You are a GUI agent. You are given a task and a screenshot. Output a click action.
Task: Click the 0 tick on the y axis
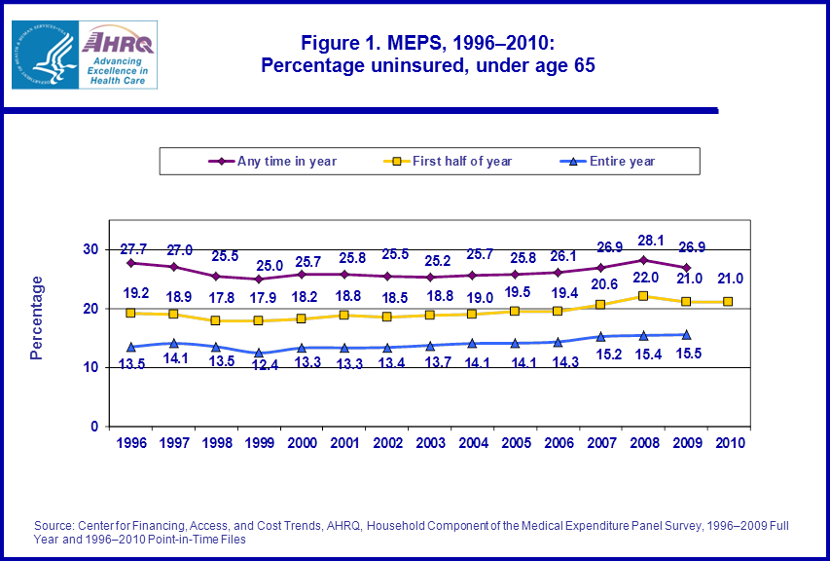(93, 427)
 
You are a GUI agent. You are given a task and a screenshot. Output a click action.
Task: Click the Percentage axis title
(37, 318)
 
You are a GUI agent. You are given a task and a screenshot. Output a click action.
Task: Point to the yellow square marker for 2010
(728, 302)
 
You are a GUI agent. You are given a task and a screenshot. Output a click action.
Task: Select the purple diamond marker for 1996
(129, 263)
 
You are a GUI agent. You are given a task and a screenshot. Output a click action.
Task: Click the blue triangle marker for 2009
(686, 334)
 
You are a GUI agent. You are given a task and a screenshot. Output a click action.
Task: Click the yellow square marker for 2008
(643, 296)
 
